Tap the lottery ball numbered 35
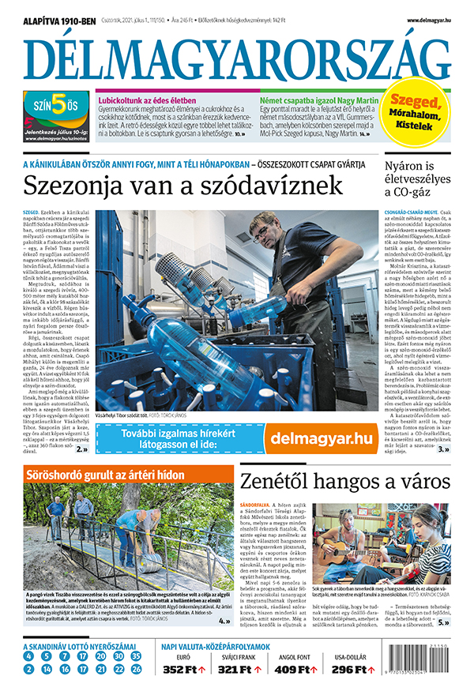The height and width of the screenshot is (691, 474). pyautogui.click(x=137, y=656)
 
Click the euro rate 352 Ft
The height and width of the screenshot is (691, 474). pyautogui.click(x=183, y=670)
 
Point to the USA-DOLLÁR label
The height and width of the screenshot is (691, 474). pyautogui.click(x=351, y=655)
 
